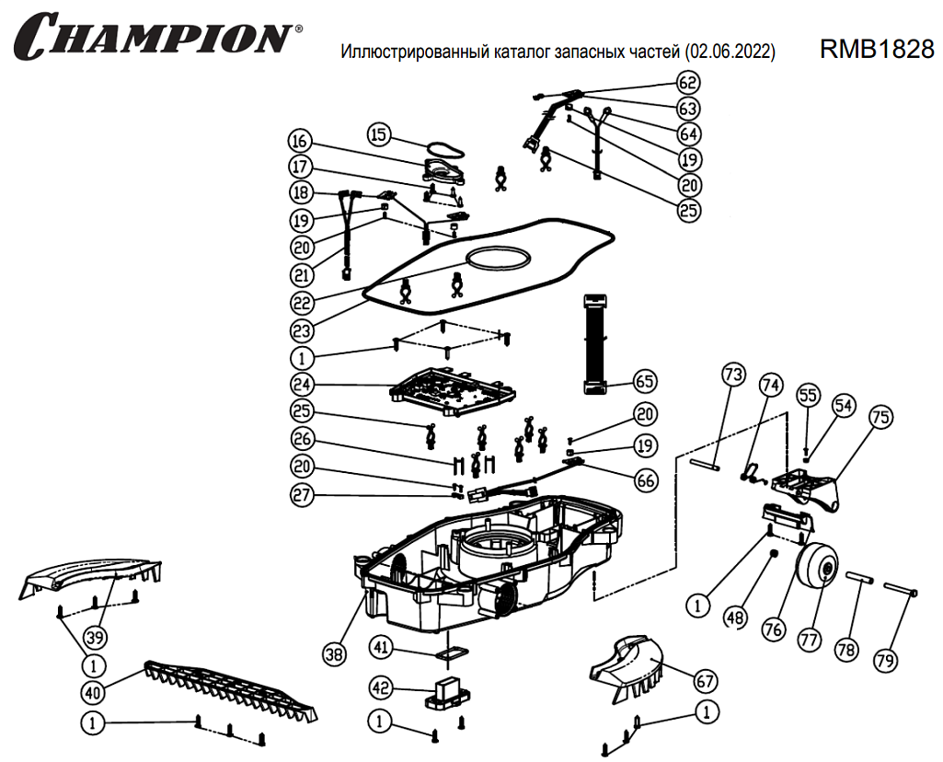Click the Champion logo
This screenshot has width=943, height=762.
(x=156, y=36)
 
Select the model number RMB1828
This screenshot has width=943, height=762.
(x=876, y=51)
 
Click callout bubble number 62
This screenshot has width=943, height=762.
(x=688, y=82)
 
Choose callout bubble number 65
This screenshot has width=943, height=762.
(x=644, y=379)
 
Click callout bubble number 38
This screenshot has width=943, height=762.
(x=334, y=653)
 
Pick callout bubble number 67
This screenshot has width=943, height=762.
(x=705, y=682)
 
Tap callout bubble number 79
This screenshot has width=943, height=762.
(x=884, y=659)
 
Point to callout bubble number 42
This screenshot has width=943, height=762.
(x=381, y=687)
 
